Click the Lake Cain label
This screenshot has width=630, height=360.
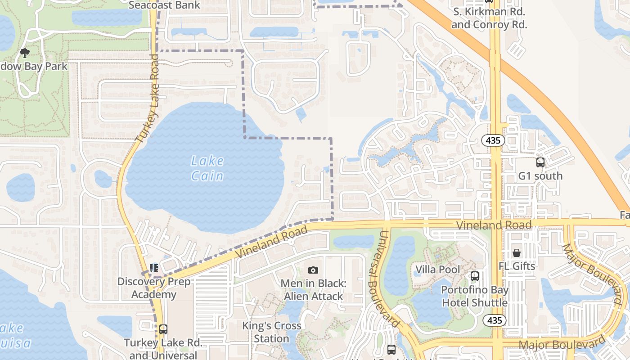point(207,168)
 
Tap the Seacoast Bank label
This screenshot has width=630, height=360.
point(164,5)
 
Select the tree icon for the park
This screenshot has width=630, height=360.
point(24,54)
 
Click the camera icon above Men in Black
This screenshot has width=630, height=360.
point(313,270)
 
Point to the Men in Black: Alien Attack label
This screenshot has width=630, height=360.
point(313,290)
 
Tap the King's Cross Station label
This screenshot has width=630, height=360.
point(271,332)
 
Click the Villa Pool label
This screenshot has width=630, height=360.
point(437,270)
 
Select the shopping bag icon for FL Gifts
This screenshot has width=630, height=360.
point(517,253)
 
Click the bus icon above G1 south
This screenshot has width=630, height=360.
point(540,162)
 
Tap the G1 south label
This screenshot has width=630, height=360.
point(540,175)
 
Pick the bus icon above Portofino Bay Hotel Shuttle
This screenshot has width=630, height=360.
point(474,276)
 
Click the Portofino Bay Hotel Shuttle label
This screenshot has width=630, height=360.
point(474,296)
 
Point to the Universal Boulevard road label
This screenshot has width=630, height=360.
point(383,279)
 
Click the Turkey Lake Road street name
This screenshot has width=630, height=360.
point(148,99)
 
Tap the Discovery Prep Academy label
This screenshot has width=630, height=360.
point(154,288)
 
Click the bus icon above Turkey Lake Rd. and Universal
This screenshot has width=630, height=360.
point(163,329)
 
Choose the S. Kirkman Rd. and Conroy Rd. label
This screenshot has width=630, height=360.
point(489,18)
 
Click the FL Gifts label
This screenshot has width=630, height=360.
point(517,266)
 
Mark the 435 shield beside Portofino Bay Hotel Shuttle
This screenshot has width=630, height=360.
point(495,320)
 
